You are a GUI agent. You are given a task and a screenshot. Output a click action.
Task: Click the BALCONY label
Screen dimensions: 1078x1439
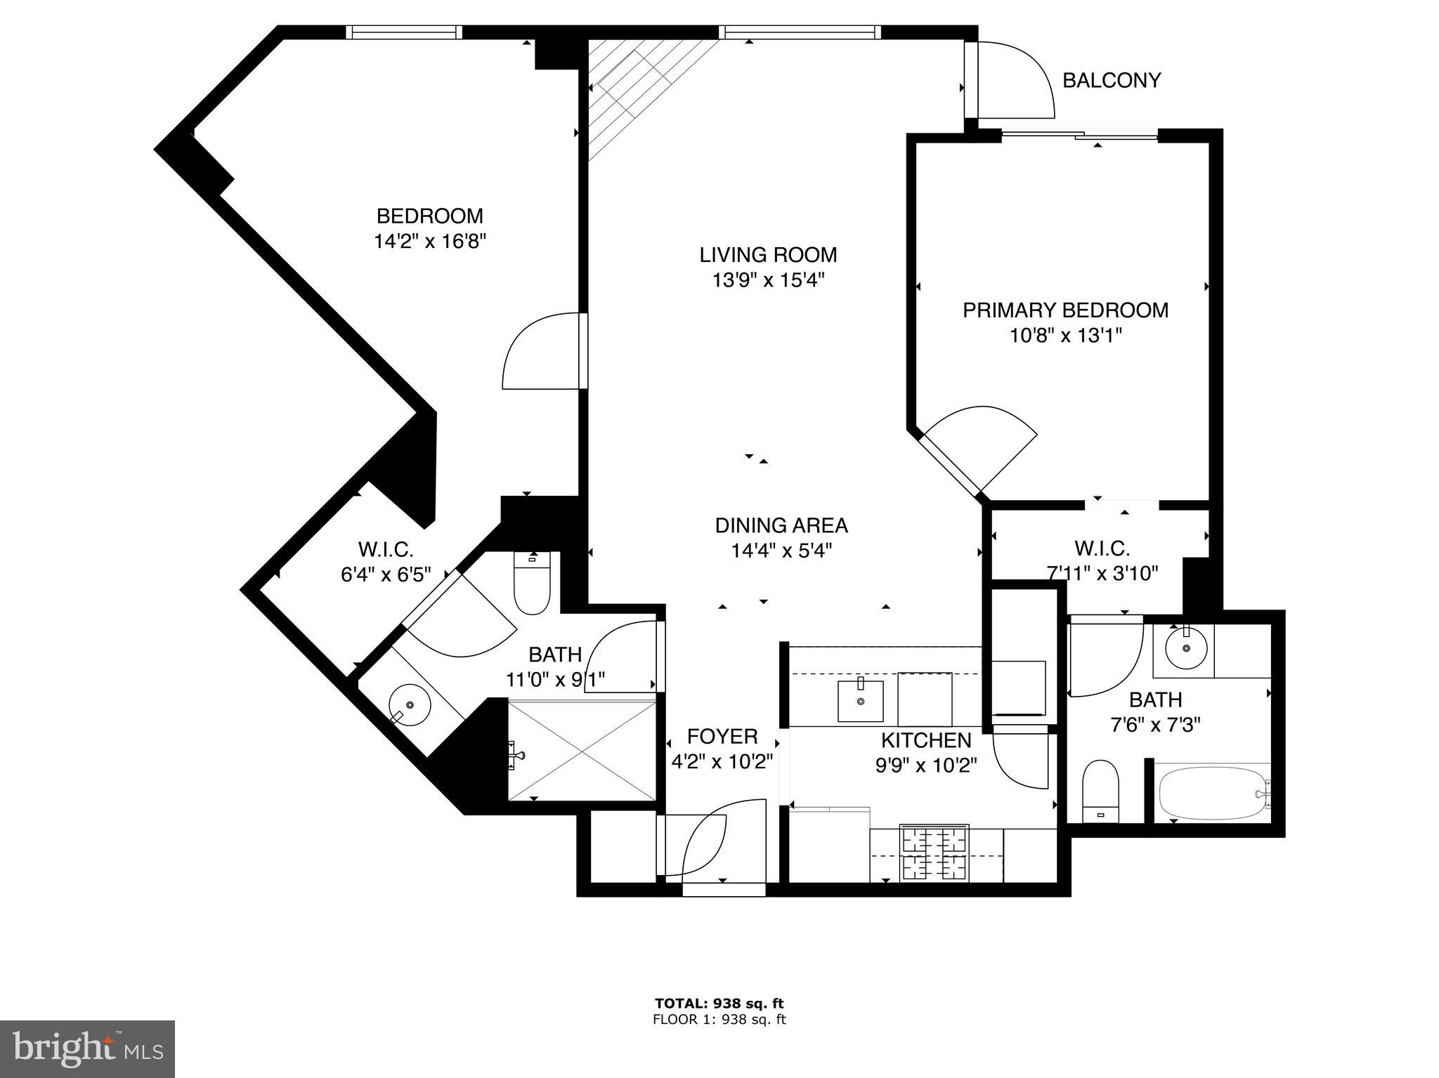tap(1111, 81)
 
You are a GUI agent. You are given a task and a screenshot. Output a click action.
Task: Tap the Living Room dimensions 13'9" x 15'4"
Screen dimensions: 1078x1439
tap(767, 280)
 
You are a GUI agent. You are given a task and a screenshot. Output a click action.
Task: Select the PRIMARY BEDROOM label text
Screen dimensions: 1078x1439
tap(1065, 310)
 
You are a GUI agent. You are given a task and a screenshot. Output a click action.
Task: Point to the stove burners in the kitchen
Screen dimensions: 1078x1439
tap(935, 853)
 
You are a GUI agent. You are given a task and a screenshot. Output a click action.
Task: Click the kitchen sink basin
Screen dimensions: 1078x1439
tap(860, 700)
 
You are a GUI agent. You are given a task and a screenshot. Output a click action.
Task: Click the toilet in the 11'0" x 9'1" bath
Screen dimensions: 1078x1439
tap(532, 583)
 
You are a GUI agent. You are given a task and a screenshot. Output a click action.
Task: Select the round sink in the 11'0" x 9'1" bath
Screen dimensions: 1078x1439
tap(410, 704)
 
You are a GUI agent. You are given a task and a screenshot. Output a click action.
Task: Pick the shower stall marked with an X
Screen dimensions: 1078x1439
tap(582, 749)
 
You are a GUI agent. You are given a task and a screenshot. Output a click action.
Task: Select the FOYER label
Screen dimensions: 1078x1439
tap(722, 736)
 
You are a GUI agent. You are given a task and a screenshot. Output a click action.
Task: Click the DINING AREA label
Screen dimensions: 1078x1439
tap(781, 525)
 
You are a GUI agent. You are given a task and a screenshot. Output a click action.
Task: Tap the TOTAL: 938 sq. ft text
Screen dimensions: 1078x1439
tap(719, 1004)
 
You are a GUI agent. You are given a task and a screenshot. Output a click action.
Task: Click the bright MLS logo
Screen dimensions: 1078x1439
tap(87, 1049)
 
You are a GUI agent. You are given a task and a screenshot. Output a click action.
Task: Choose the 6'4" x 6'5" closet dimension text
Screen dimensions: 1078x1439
tap(385, 574)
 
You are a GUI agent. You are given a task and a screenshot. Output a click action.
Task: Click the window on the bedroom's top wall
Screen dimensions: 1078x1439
tap(404, 32)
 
